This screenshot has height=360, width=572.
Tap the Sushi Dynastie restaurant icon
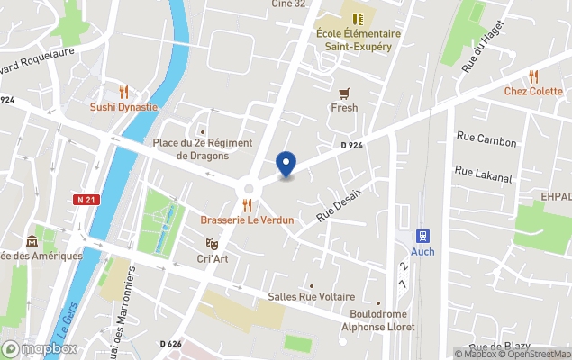(123, 92)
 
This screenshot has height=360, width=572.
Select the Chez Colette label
(532, 91)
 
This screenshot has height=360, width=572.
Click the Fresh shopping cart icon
(343, 93)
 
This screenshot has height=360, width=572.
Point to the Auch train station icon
(422, 236)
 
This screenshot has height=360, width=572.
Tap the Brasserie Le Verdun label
(247, 220)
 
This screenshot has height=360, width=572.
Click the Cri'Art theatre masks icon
(212, 244)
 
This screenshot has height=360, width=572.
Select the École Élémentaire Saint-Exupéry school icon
(358, 18)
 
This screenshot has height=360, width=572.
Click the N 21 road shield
(85, 200)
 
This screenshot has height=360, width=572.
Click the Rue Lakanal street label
(485, 170)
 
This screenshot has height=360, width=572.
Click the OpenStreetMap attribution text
(536, 354)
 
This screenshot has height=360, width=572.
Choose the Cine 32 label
(288, 4)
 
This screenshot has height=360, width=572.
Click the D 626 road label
(171, 344)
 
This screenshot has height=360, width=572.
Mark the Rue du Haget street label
(481, 60)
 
